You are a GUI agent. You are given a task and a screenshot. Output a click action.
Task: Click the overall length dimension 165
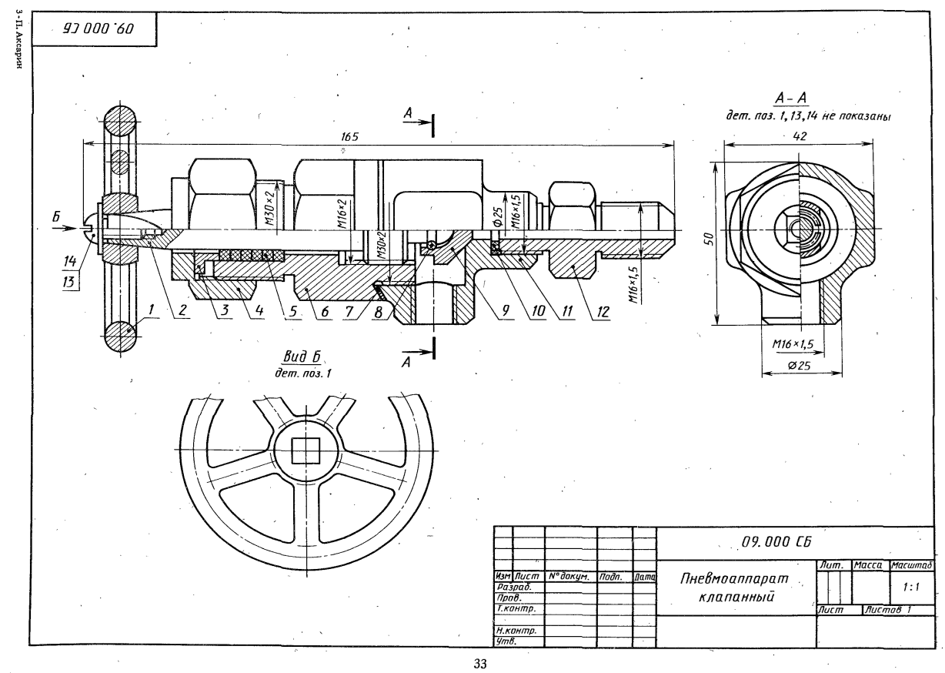coord(349,136)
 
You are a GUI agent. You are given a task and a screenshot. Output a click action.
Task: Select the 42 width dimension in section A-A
coord(800,136)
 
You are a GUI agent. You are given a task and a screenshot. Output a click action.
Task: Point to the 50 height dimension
coord(710,239)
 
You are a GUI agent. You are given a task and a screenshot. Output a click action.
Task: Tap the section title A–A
coord(791,99)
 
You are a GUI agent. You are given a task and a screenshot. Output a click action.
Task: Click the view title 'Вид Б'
coord(301,357)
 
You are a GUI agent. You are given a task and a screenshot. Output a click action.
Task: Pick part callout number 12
coord(603,312)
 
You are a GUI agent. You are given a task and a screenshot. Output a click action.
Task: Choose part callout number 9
coord(505,311)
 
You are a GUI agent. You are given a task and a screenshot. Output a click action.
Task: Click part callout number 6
coord(324,312)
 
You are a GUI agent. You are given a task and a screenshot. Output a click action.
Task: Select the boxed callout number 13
coord(68,281)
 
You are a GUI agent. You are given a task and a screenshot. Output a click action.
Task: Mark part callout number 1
coord(151,310)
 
